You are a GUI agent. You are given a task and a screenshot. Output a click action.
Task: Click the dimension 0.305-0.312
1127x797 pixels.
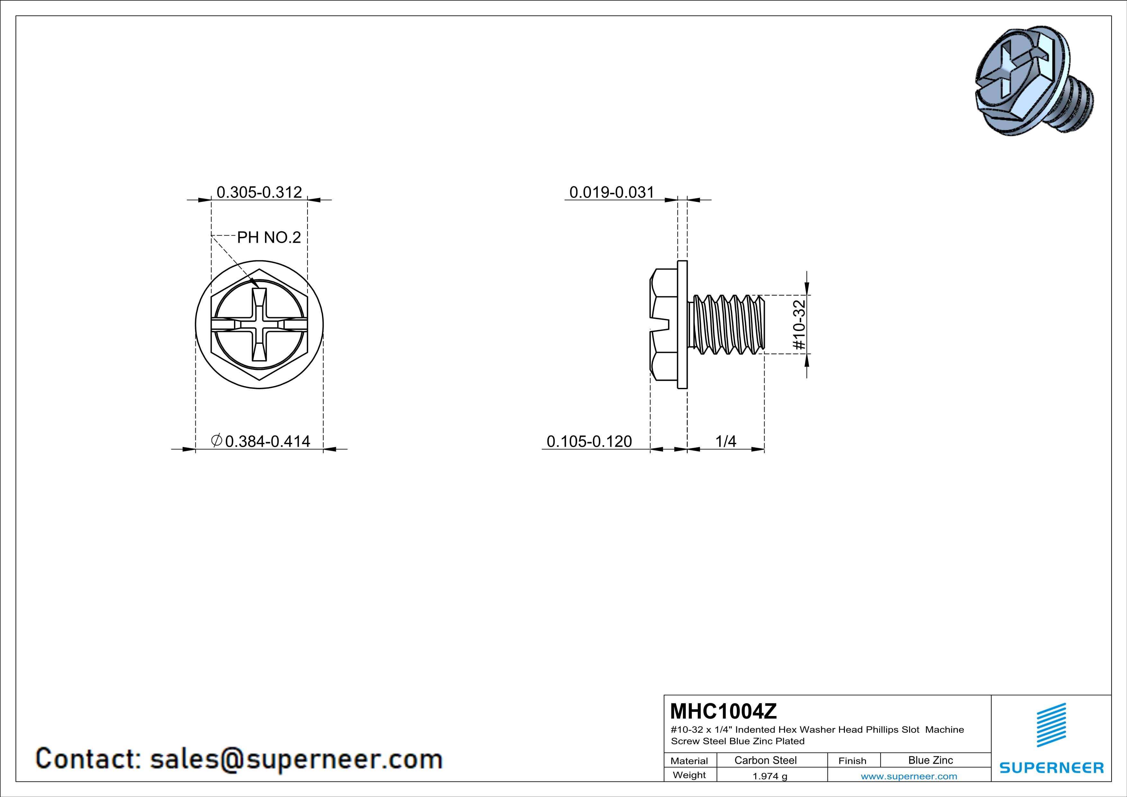(259, 192)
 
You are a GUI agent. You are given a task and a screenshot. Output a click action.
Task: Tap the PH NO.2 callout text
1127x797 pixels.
(269, 237)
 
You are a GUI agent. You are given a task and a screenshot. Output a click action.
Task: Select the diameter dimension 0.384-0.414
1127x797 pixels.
(267, 441)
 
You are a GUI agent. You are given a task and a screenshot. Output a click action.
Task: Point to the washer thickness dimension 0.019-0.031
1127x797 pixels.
(612, 192)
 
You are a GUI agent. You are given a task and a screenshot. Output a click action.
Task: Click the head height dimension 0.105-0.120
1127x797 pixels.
(589, 441)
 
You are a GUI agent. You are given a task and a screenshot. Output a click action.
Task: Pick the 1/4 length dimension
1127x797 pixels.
(726, 441)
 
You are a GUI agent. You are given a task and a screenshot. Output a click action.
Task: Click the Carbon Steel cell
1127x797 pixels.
(765, 760)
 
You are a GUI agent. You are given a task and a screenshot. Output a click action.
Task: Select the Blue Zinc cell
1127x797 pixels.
(930, 760)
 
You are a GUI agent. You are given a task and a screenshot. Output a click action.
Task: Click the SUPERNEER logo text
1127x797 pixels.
(1051, 767)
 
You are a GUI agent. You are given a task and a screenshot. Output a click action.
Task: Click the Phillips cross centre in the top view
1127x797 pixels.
(259, 325)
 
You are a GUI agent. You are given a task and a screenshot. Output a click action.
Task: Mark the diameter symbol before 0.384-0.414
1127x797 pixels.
(217, 440)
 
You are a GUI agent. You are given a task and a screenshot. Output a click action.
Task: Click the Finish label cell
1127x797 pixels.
(852, 761)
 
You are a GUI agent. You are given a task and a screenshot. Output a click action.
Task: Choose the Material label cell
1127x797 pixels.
(689, 761)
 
